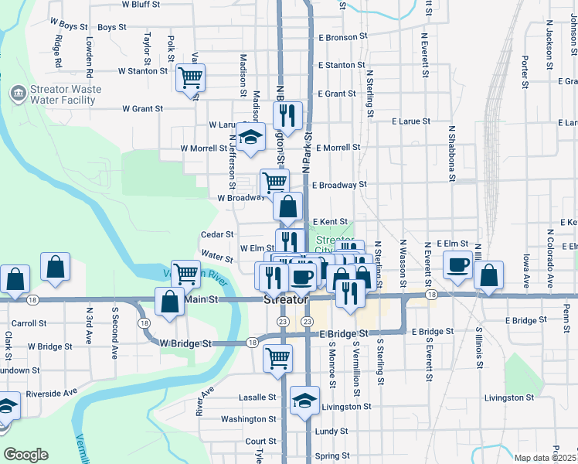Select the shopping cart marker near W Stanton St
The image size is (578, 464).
pyautogui.click(x=190, y=77)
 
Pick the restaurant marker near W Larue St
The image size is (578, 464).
pyautogui.click(x=287, y=116)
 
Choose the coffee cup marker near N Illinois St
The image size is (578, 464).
pyautogui.click(x=457, y=264)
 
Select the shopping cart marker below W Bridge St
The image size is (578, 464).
pyautogui.click(x=277, y=358)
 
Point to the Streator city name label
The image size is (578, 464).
pyautogui.click(x=287, y=299)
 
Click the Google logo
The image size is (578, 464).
pyautogui.click(x=25, y=455)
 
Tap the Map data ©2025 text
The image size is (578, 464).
pyautogui.click(x=545, y=458)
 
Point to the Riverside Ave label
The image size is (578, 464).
pyautogui.click(x=52, y=394)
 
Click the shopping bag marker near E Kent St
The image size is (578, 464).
pyautogui.click(x=287, y=207)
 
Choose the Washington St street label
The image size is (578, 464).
pyautogui.click(x=248, y=419)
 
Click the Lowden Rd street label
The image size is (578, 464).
pyautogui.click(x=90, y=49)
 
